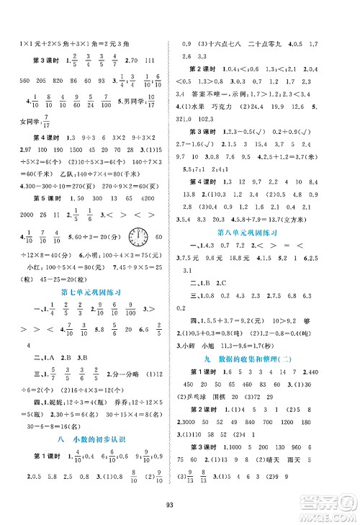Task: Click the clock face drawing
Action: point(138,237)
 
